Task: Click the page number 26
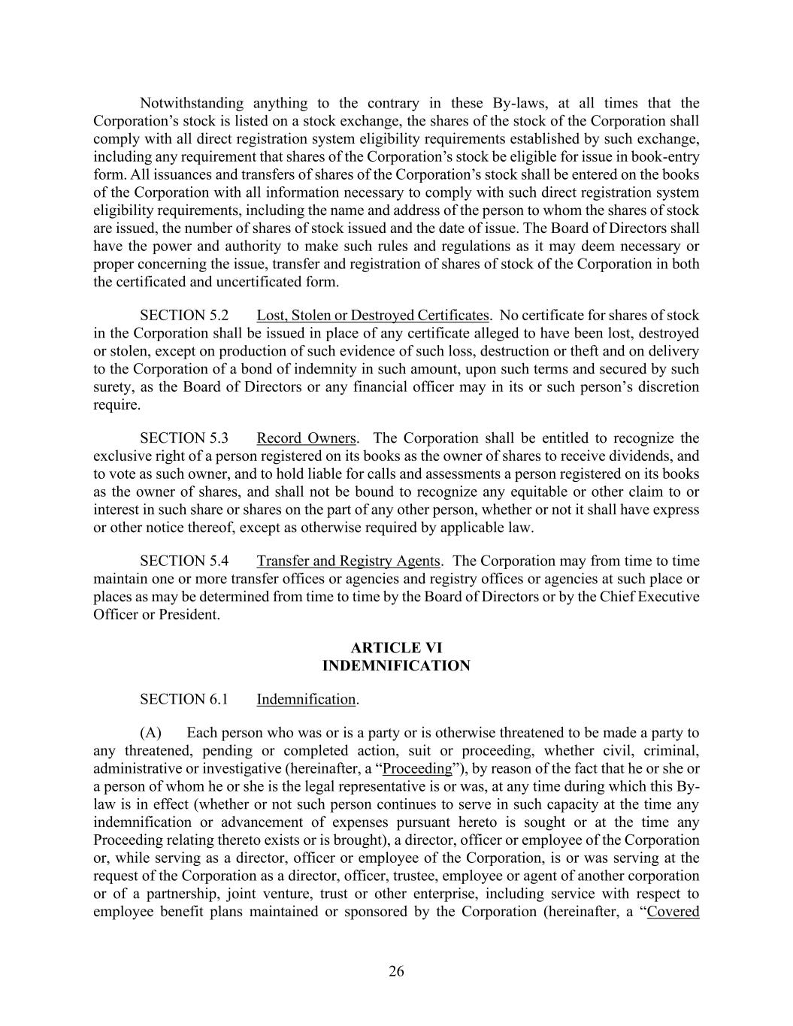click(x=396, y=971)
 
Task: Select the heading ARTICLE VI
click(x=396, y=648)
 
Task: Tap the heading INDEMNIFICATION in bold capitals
click(x=396, y=666)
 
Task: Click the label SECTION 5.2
click(x=184, y=315)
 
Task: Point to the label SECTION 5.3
click(x=184, y=438)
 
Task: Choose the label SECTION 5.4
click(x=184, y=561)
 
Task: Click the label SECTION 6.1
click(x=184, y=699)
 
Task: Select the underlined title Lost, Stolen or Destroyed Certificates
click(x=373, y=315)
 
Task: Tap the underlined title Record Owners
click(x=306, y=438)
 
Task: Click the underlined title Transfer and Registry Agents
click(x=348, y=561)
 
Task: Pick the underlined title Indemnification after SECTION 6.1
click(x=306, y=699)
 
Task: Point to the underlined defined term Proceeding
click(x=417, y=768)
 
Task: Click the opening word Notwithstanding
click(x=192, y=103)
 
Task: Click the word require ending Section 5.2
click(x=117, y=405)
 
